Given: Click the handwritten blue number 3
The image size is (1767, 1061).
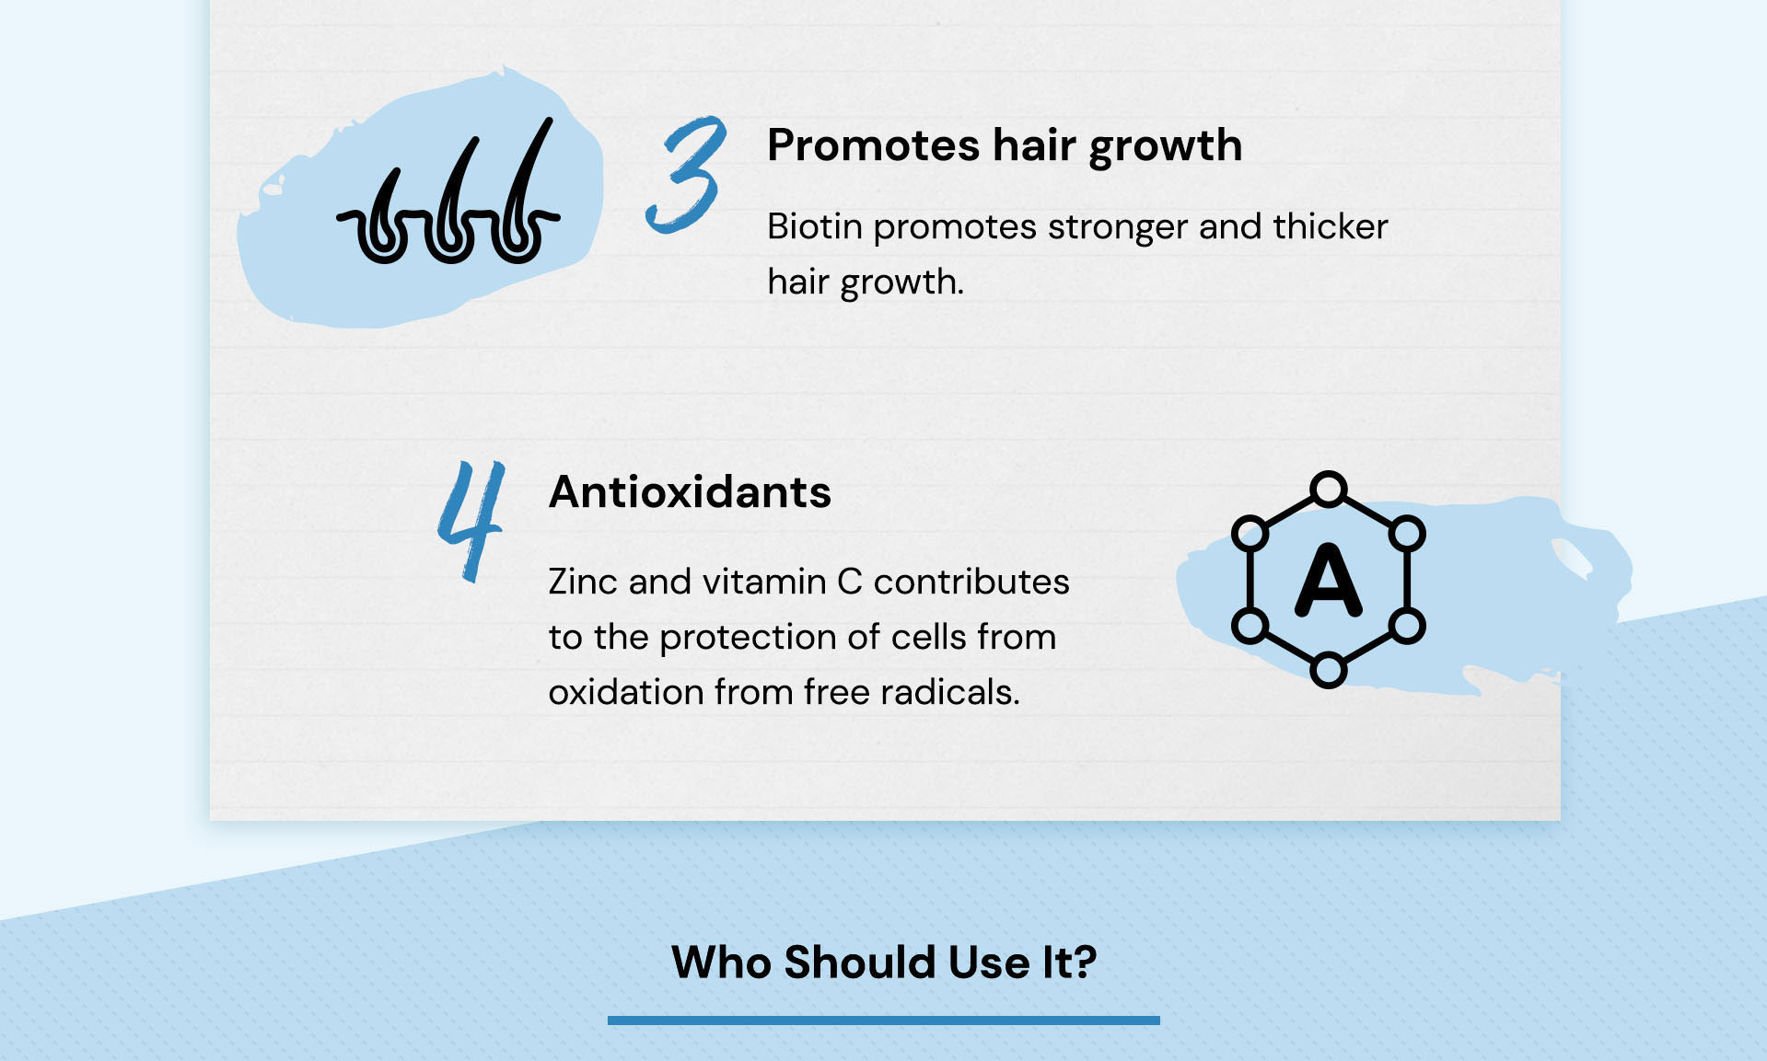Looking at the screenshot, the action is click(x=686, y=175).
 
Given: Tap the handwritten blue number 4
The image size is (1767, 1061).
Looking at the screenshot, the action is click(x=471, y=521).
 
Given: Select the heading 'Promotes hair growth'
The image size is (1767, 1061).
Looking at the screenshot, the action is click(x=1005, y=146).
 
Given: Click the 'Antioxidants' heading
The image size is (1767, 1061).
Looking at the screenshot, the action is click(x=690, y=492).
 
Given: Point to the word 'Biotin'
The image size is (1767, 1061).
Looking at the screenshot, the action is click(x=814, y=226).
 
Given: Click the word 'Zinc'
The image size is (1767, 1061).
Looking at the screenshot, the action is click(x=583, y=582).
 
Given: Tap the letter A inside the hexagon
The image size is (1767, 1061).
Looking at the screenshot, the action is click(x=1328, y=580).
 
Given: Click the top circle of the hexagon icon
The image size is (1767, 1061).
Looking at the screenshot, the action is click(x=1328, y=489).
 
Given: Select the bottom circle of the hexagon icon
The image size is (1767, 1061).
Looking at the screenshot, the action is click(x=1328, y=670).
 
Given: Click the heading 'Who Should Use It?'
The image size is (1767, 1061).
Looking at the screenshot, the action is click(x=884, y=963).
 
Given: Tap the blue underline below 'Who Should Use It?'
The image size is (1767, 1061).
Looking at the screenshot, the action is click(x=884, y=1020).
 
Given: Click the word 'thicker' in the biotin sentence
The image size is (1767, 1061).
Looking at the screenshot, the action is click(x=1331, y=226).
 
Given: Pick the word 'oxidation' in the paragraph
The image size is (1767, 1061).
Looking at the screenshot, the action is click(x=626, y=692).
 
